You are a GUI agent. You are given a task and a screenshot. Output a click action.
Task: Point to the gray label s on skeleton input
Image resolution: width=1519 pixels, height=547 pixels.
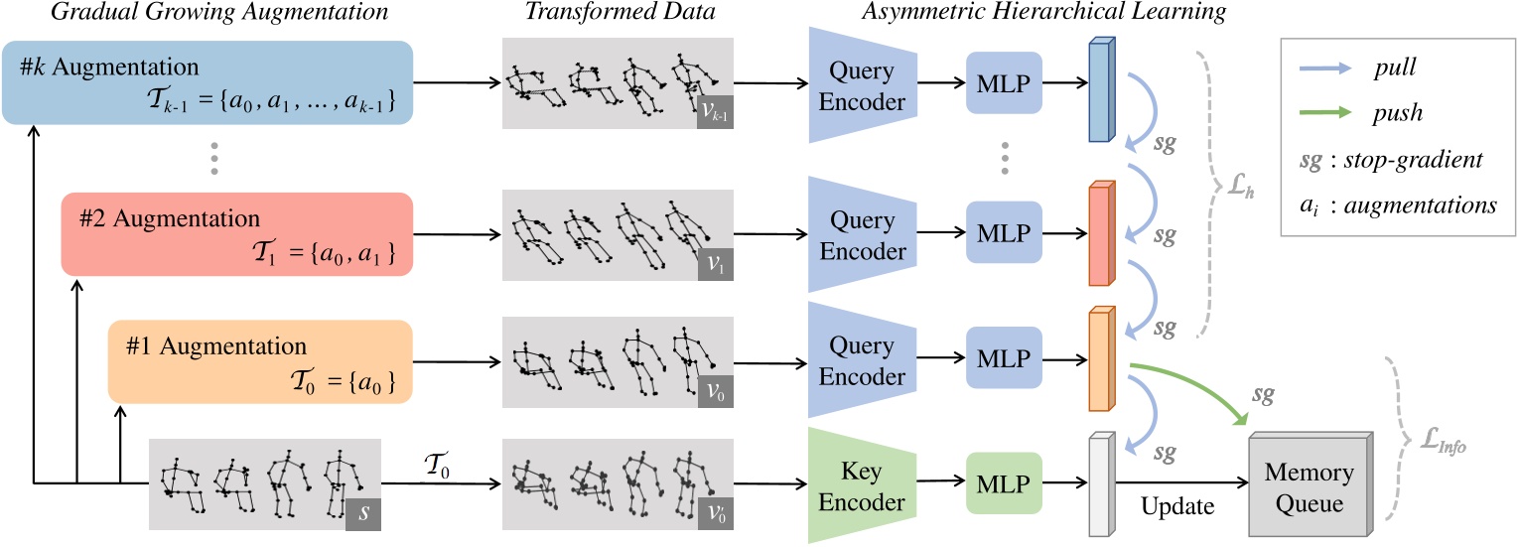click(362, 511)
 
